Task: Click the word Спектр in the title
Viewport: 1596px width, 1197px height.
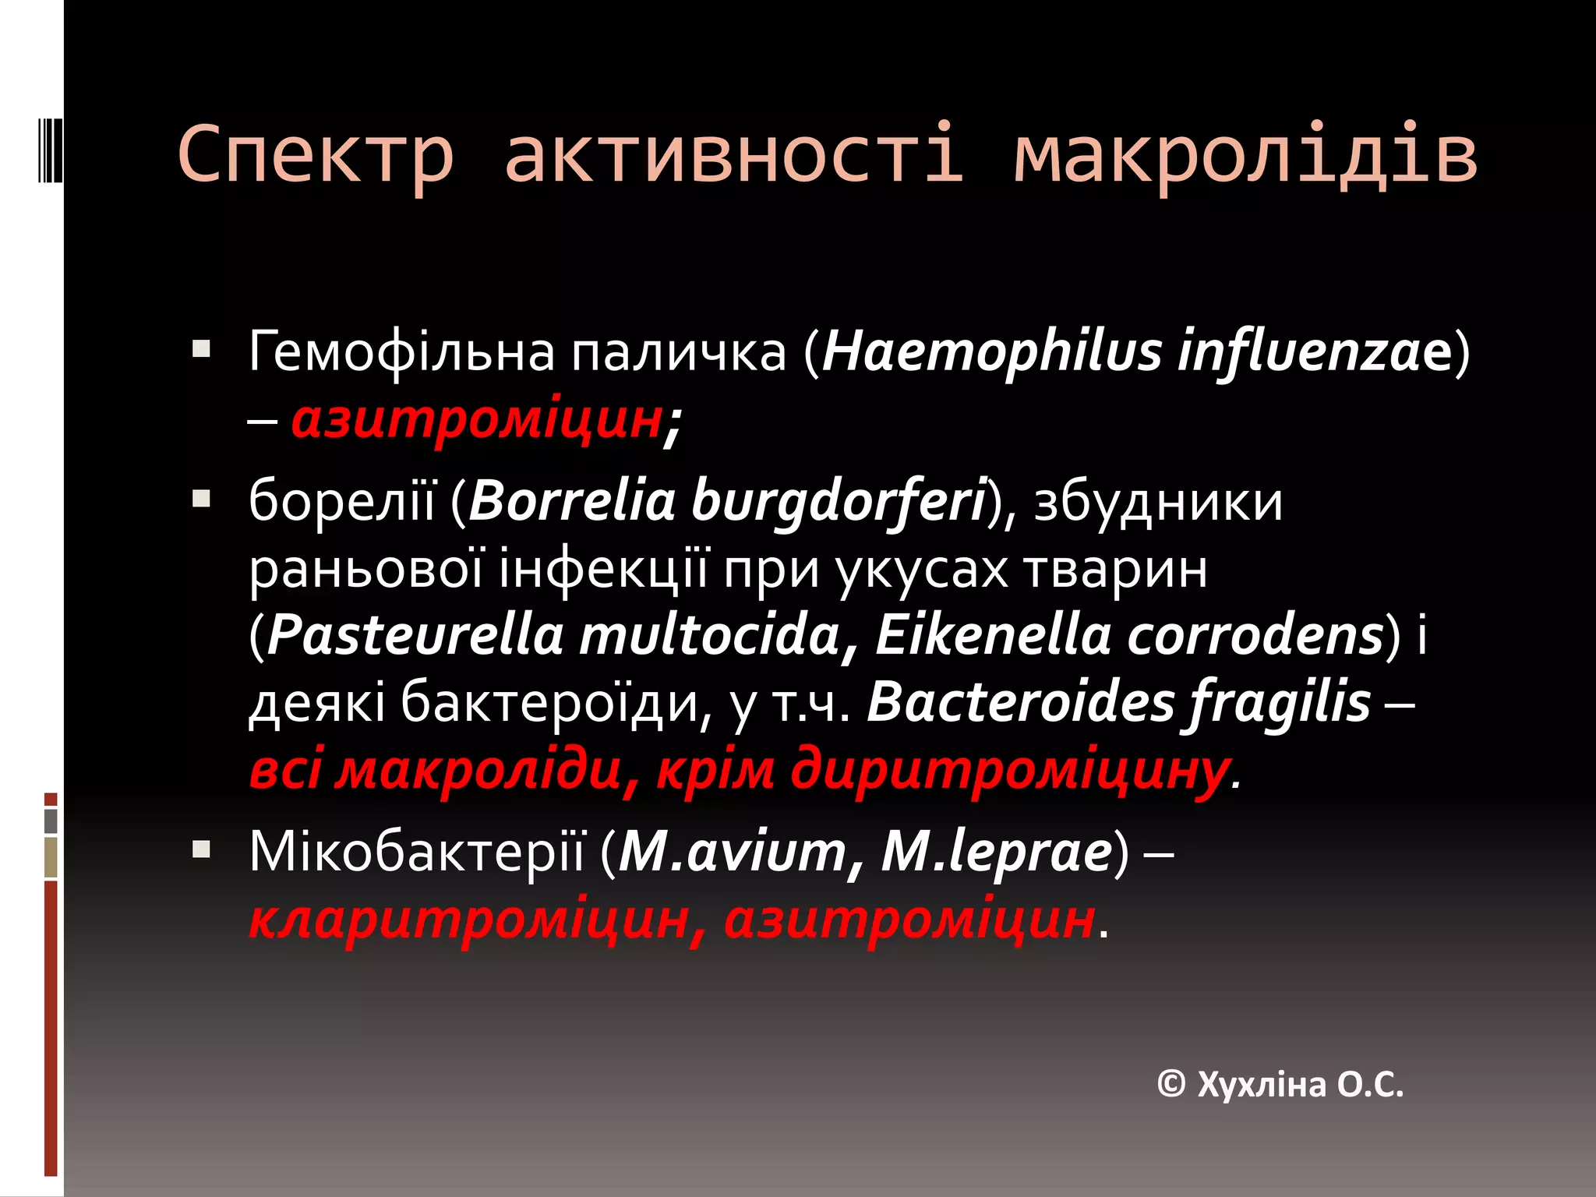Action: click(x=315, y=154)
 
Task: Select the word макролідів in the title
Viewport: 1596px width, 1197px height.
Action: click(x=1245, y=154)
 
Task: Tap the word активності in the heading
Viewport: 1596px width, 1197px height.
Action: click(x=734, y=154)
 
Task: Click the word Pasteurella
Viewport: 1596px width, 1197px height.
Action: click(x=415, y=636)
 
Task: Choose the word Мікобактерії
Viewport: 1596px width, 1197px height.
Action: click(x=416, y=852)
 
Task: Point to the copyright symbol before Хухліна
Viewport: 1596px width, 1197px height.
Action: click(x=1172, y=1084)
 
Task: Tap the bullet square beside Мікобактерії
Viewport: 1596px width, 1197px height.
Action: click(x=201, y=848)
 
